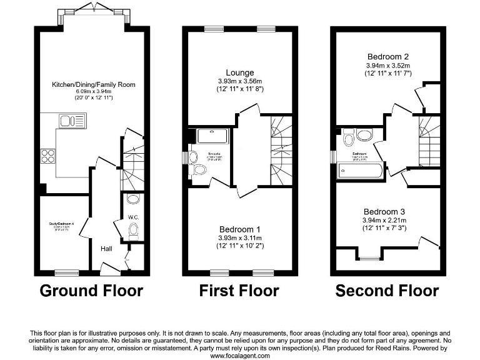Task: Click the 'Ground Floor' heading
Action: (92, 291)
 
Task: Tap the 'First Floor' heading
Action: (239, 291)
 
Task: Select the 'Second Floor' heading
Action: (387, 291)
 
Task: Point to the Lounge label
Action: (239, 72)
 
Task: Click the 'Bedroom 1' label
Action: (239, 228)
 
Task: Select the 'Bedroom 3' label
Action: (387, 211)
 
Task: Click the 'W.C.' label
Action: (132, 217)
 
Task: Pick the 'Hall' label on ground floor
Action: (106, 249)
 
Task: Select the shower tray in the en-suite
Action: (212, 136)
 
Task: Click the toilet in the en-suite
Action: (199, 170)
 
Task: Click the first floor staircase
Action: (278, 150)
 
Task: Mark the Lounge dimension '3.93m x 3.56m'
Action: (239, 81)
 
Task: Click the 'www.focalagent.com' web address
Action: (239, 355)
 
